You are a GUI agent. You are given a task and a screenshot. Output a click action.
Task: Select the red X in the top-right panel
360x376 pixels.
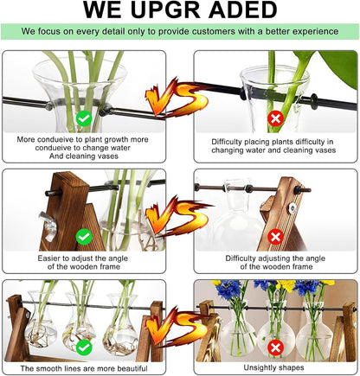[276, 116]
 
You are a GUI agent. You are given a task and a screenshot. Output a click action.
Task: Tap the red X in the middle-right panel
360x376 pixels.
[276, 235]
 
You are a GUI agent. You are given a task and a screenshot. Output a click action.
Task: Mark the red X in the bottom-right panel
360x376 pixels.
[276, 346]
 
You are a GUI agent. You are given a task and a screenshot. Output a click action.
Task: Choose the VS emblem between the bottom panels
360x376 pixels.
[177, 332]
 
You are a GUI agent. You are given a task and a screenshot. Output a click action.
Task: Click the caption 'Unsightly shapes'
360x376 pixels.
[275, 367]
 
